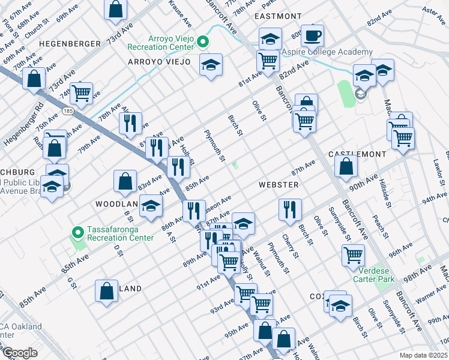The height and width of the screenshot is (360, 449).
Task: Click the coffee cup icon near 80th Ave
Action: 312,35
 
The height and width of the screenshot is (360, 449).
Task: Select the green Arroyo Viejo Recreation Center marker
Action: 203,41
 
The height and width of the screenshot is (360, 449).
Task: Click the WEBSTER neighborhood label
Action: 279,185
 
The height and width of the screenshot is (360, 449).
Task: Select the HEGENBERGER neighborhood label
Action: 64,44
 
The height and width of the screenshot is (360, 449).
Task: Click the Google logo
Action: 20,352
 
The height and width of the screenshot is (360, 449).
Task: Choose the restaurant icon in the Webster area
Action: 290,210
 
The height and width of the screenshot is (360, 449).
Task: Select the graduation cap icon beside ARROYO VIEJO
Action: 211,65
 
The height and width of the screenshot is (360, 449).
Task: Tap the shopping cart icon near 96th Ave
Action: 353,254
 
